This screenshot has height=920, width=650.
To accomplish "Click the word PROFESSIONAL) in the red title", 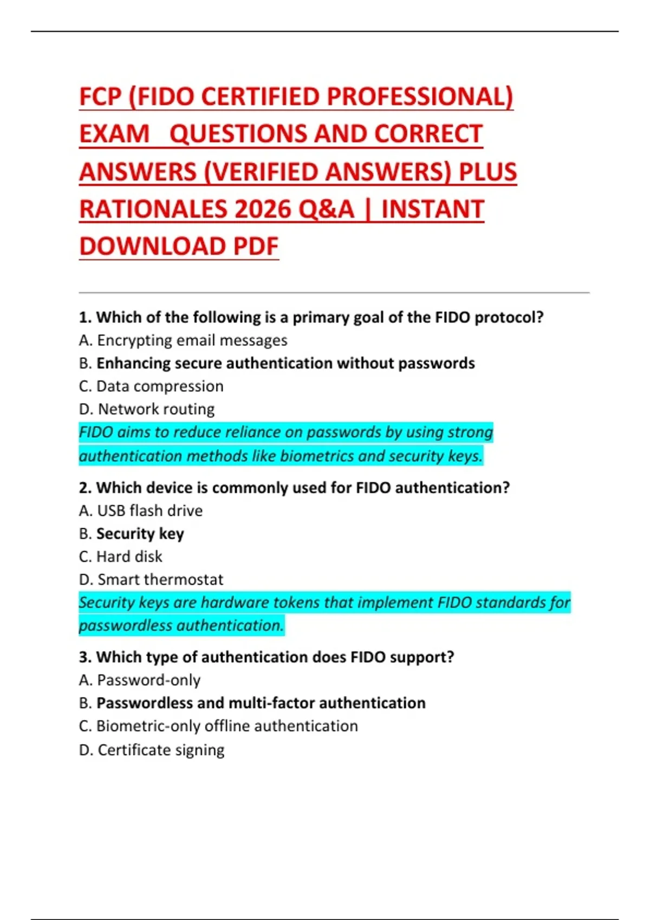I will pyautogui.click(x=420, y=97).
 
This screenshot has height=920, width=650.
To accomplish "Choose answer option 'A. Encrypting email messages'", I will pyautogui.click(x=183, y=340).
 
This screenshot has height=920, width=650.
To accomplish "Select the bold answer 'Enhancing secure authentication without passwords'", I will pyautogui.click(x=285, y=363).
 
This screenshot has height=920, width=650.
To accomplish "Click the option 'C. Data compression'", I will pyautogui.click(x=151, y=386).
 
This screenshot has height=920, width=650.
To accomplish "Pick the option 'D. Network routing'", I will pyautogui.click(x=147, y=409).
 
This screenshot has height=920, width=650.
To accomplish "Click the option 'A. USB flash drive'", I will pyautogui.click(x=141, y=511).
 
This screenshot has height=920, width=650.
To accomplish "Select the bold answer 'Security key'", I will pyautogui.click(x=140, y=534).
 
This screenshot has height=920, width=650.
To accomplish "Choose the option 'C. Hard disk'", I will pyautogui.click(x=121, y=557).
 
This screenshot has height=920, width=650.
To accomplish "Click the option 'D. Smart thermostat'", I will pyautogui.click(x=151, y=580).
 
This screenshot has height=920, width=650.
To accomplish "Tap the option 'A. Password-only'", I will pyautogui.click(x=140, y=680).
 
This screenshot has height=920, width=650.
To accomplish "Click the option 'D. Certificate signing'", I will pyautogui.click(x=152, y=750).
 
